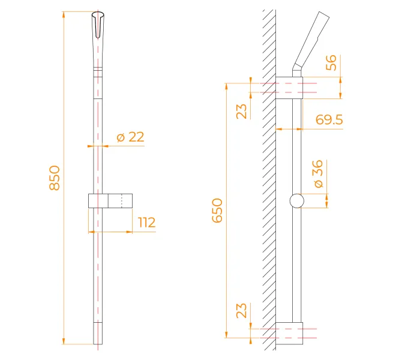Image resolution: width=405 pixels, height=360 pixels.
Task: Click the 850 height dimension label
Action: [55, 178]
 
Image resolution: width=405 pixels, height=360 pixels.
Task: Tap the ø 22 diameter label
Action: [130, 137]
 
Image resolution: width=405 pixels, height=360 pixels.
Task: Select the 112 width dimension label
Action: [147, 223]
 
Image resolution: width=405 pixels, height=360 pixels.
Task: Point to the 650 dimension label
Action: [217, 211]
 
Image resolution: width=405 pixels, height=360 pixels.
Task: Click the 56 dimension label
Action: [331, 62]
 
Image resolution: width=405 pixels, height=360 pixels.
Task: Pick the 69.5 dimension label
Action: [329, 119]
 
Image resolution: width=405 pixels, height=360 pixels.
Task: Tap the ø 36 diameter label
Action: [317, 173]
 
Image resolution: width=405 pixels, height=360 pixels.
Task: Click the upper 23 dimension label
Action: [242, 112]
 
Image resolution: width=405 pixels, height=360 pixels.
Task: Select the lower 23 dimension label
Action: [242, 310]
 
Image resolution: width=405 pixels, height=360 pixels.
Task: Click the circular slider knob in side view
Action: [297, 200]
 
